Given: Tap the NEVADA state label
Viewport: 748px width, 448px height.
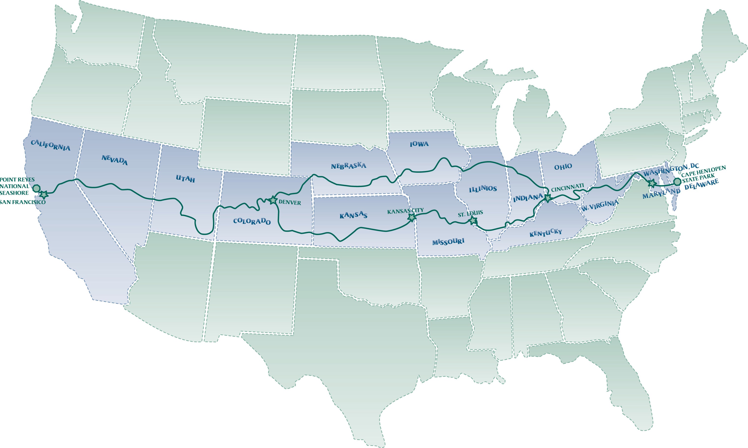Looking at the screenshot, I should point(114,160).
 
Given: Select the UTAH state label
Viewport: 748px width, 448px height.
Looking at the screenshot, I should point(185,179).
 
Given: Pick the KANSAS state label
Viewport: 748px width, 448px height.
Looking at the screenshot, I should point(353,215).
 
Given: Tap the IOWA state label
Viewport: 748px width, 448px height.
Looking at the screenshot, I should point(419,144).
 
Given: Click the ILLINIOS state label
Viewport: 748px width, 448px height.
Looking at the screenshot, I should point(483,189).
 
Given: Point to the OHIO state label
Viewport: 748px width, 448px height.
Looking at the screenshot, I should point(563,167).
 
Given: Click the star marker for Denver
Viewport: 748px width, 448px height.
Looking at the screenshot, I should point(273,200).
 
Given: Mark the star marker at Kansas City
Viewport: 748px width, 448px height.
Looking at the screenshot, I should point(412,217).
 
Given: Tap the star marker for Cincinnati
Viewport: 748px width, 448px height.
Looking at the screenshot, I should point(548,198).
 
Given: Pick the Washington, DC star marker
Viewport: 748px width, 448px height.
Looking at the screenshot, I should point(652,183).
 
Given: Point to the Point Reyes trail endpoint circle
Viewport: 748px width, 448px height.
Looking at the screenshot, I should point(36,188).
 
